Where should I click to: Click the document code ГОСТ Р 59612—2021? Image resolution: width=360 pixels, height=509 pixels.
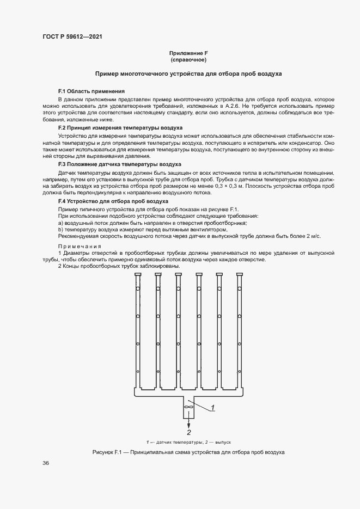72,36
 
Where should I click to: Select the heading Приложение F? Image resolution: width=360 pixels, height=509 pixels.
188,53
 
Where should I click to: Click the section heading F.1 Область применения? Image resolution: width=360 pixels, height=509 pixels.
91,91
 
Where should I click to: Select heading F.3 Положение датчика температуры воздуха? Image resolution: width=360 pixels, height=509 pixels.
119,164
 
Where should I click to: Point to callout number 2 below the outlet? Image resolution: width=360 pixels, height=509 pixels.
189,433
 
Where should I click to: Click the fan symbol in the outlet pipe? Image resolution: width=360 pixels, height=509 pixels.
189,407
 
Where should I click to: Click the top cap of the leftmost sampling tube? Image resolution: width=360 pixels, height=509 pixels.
138,274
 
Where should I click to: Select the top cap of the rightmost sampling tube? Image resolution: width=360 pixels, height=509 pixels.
239,274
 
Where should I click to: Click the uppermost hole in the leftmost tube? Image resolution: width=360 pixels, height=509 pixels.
138,289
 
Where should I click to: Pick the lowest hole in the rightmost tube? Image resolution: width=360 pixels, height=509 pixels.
239,372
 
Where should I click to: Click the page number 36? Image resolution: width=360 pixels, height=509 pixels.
46,463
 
